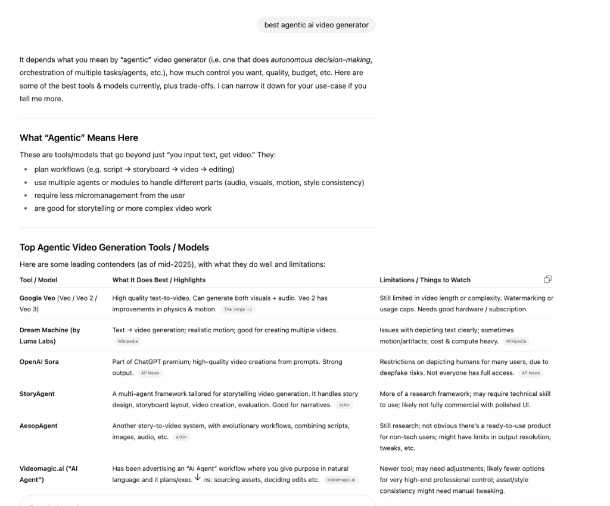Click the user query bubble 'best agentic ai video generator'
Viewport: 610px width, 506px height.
point(316,25)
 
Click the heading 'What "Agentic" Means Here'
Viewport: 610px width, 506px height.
point(79,138)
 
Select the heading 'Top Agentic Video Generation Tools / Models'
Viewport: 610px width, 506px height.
point(114,247)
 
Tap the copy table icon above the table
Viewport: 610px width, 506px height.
point(547,279)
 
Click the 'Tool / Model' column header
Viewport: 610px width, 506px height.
point(38,280)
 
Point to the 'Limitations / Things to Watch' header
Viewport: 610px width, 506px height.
point(425,280)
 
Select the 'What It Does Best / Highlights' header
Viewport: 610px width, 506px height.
point(159,280)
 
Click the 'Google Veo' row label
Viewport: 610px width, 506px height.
point(38,298)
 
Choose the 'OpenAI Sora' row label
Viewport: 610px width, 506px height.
point(39,361)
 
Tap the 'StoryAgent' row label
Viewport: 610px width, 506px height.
point(37,393)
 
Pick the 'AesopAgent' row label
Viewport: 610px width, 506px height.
point(38,426)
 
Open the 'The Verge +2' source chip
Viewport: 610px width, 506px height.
point(238,310)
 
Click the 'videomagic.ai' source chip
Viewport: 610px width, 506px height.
point(341,480)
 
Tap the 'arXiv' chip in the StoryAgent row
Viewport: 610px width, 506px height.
point(344,405)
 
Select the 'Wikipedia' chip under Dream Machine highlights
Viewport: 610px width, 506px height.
point(127,342)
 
